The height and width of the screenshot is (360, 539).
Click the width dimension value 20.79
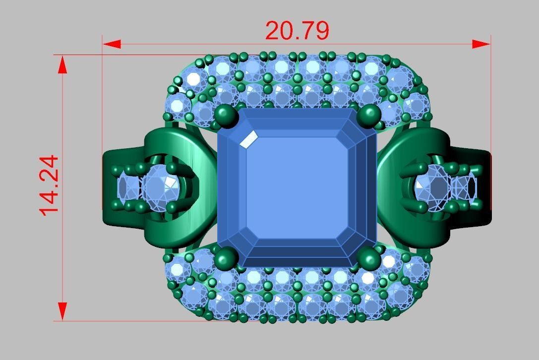pyautogui.click(x=297, y=31)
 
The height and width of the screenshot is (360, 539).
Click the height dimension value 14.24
pyautogui.click(x=50, y=185)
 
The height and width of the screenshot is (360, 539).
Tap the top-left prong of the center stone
pyautogui.click(x=226, y=115)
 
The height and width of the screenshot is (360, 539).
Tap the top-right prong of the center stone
pyautogui.click(x=369, y=115)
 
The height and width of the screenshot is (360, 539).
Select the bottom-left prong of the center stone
pyautogui.click(x=226, y=258)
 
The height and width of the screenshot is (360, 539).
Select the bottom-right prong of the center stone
pyautogui.click(x=369, y=258)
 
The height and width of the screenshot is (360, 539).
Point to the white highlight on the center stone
pyautogui.click(x=248, y=139)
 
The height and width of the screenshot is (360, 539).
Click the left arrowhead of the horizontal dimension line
pyautogui.click(x=112, y=44)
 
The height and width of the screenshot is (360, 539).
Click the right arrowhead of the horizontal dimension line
pyautogui.click(x=481, y=44)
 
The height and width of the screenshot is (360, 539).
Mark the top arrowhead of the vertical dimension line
pyautogui.click(x=62, y=64)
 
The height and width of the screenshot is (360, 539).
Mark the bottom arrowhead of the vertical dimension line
pyautogui.click(x=62, y=311)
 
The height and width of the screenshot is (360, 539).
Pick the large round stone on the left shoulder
pyautogui.click(x=160, y=185)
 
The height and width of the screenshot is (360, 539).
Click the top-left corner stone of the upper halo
pyautogui.click(x=194, y=78)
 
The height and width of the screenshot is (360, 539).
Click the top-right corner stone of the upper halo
pyautogui.click(x=399, y=78)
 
